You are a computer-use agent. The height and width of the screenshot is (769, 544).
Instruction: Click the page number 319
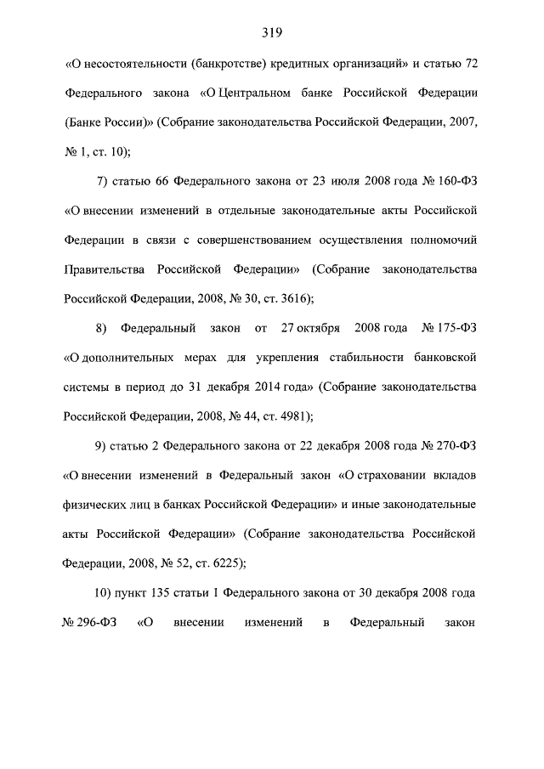(x=272, y=33)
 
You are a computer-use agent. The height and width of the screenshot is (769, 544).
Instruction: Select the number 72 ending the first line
(x=468, y=63)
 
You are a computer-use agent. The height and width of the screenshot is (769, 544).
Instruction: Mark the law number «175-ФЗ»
(x=456, y=327)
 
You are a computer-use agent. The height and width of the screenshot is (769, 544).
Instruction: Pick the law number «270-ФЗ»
(x=456, y=445)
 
